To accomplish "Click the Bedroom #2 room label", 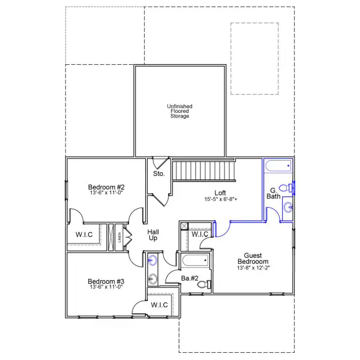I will [x=106, y=188].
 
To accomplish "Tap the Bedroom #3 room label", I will [x=106, y=281].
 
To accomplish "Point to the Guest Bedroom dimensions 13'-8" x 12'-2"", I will [x=253, y=267].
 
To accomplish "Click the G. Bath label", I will [x=274, y=193].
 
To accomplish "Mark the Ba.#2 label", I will [x=190, y=278].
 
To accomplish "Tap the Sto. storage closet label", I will [x=158, y=174].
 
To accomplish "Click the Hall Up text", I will [x=154, y=235].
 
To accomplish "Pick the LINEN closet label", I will [x=119, y=236].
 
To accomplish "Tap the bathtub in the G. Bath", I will [x=278, y=166].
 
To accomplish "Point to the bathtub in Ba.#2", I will [x=194, y=261].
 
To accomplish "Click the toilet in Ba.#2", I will [x=203, y=284].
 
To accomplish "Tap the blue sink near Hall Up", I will [x=152, y=260].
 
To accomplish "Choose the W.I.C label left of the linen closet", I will [x=84, y=234].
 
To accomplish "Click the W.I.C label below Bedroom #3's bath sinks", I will [x=159, y=305].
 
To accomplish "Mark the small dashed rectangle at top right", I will [x=254, y=58].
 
